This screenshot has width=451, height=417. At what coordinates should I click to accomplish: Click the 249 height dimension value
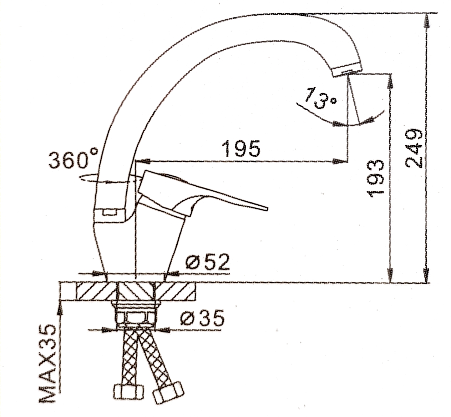414,149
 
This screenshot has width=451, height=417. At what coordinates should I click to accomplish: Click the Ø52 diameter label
207,262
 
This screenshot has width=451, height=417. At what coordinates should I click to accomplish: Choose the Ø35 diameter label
202,318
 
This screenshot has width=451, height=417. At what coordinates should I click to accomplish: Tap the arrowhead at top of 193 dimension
390,81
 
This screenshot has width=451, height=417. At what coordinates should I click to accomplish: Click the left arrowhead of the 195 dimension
143,161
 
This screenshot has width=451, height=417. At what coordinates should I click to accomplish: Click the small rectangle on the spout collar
110,212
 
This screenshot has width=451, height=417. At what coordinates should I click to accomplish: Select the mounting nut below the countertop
136,314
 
